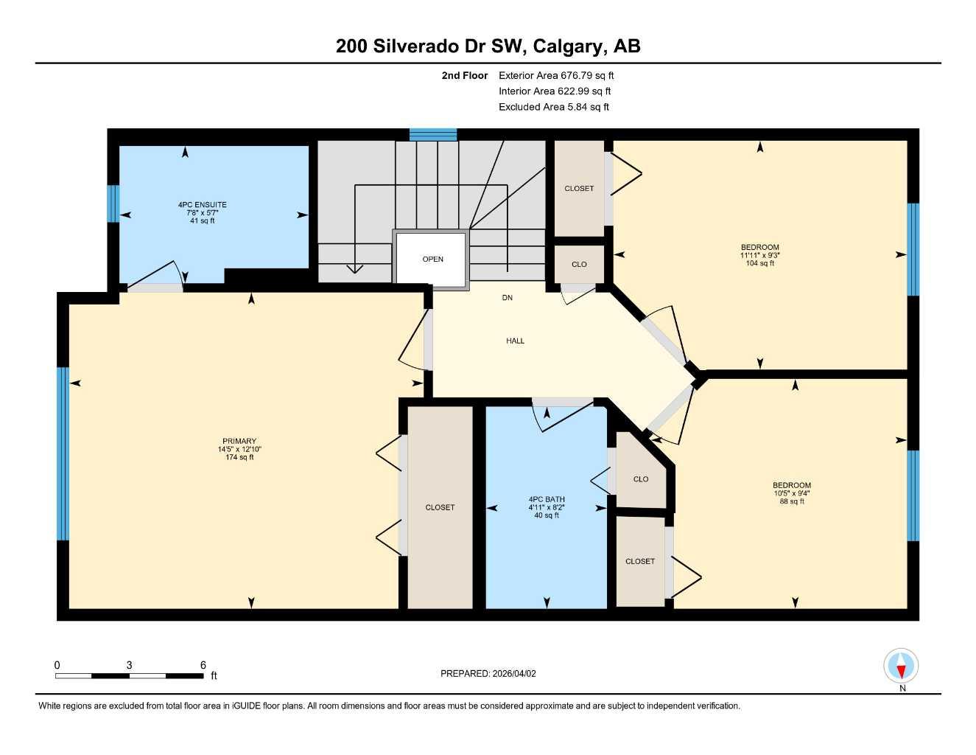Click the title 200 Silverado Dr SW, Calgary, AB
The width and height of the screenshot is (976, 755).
(x=488, y=46)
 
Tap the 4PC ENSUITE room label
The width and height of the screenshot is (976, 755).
(x=202, y=205)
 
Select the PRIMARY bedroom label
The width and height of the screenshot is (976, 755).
(x=239, y=442)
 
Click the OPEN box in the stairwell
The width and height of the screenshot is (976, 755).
(x=432, y=259)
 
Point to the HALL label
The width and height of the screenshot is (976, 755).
(x=515, y=341)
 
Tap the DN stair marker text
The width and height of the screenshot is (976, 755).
(x=507, y=298)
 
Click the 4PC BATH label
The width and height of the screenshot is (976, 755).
(x=547, y=499)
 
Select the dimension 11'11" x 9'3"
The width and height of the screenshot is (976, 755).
(x=759, y=255)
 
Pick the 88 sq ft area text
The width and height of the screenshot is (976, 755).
(x=792, y=501)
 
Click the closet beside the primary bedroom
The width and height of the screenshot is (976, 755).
(x=440, y=507)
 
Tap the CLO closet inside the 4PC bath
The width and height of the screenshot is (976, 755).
(x=640, y=479)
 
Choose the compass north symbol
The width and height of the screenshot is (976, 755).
(x=901, y=667)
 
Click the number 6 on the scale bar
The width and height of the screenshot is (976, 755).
(x=203, y=665)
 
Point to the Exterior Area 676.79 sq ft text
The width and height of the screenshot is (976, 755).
(x=556, y=75)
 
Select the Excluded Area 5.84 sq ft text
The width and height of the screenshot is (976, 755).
(x=553, y=107)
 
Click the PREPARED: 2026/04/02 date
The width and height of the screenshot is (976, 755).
(x=488, y=673)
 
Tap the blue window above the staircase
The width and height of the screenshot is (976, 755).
(x=433, y=134)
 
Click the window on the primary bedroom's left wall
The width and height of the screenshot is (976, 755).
(x=63, y=453)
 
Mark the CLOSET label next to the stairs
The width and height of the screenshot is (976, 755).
(x=579, y=189)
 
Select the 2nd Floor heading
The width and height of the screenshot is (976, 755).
(x=464, y=75)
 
